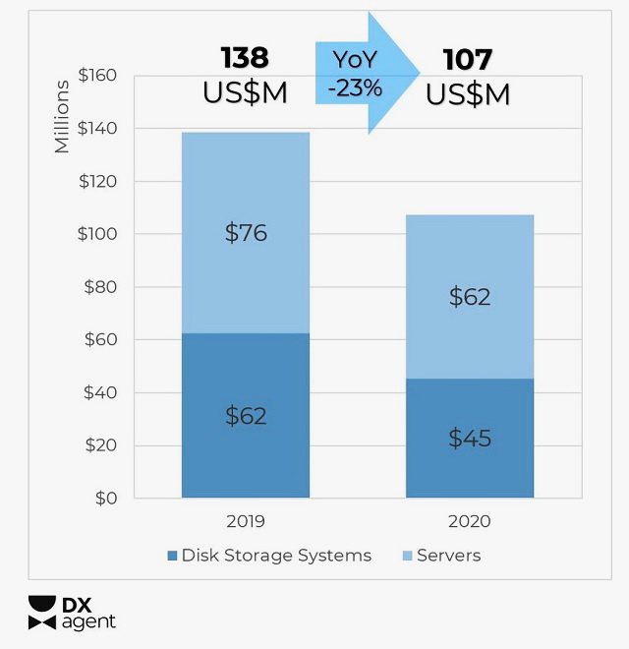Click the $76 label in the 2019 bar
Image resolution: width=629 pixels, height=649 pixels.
[x=246, y=233]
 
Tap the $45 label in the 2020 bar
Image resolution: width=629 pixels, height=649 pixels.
[x=469, y=438]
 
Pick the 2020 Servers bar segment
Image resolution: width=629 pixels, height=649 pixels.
[x=470, y=256]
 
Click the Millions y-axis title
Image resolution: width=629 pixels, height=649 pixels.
[x=63, y=116]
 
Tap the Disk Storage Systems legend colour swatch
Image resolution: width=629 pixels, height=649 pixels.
[x=173, y=556]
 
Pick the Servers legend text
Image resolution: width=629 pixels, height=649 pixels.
[x=449, y=556]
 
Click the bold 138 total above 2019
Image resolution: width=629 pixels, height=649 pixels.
[x=245, y=58]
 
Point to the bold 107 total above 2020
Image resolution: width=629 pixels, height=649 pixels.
[x=468, y=58]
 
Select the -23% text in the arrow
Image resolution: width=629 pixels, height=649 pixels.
[x=355, y=88]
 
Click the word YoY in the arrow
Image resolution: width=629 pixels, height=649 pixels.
[x=355, y=59]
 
